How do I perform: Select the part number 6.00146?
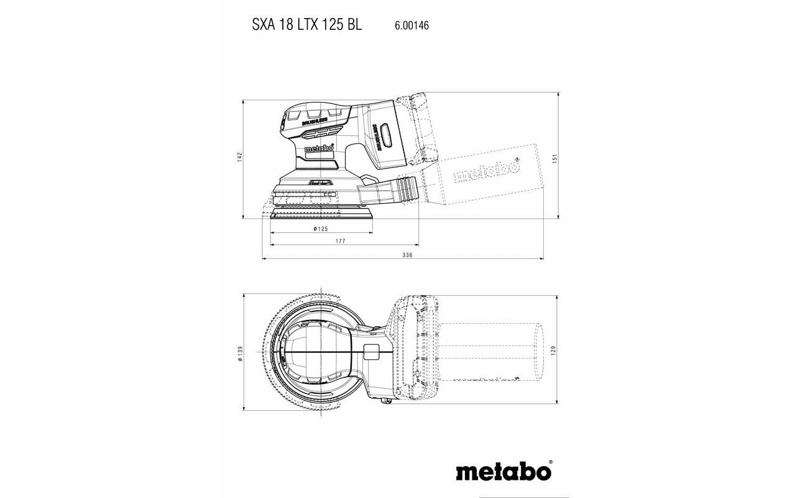(411, 26)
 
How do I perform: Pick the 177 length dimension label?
(339, 242)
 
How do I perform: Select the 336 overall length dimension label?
(407, 255)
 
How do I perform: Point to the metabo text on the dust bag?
(487, 172)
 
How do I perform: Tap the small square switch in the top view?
(371, 352)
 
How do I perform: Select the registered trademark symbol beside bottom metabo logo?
(550, 463)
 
